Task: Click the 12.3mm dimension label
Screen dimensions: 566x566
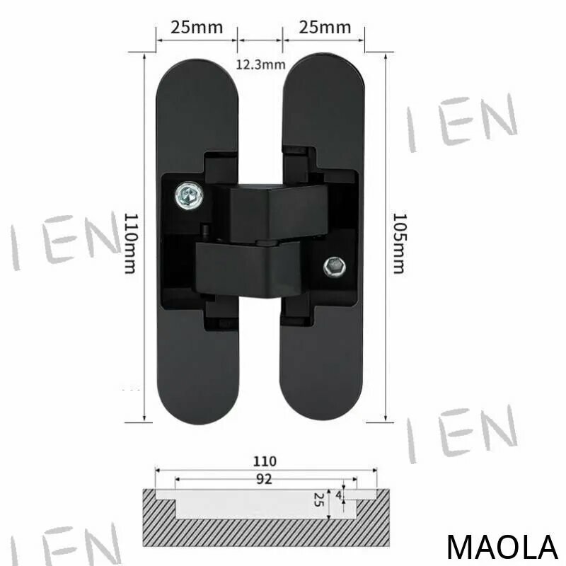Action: coord(260,64)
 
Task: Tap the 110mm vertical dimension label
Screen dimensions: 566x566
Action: coord(131,243)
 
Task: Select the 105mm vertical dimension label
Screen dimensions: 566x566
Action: coord(399,243)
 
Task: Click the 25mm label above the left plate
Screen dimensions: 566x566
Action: coord(197,28)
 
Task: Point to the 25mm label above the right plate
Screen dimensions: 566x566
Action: coord(325,28)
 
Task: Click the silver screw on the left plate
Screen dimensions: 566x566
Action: coord(189,195)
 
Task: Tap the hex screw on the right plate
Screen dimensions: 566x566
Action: coord(335,267)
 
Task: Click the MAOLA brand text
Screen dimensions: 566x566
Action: coord(502,547)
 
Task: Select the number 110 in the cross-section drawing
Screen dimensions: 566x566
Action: coord(265,461)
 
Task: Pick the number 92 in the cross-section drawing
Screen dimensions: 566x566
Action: coord(264,479)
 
